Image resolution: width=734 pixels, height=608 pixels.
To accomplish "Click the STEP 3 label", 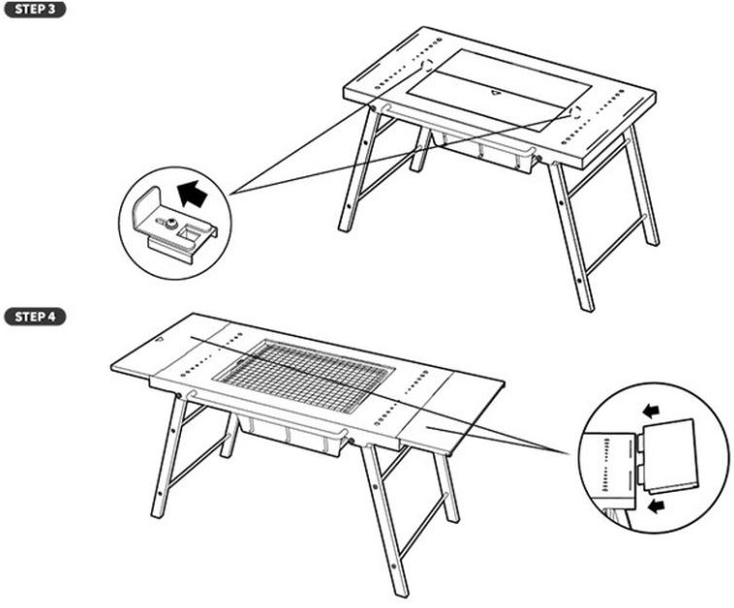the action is [x=35, y=10].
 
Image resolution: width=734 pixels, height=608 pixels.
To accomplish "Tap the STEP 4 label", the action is [x=35, y=317].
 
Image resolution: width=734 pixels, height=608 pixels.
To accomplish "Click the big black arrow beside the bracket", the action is [x=193, y=194].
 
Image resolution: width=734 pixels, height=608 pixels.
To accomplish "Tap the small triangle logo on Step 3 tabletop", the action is [x=496, y=92].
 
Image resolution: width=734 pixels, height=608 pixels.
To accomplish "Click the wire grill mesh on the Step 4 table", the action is [x=304, y=376].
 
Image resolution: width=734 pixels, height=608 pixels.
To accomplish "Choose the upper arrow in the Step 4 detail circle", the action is [x=651, y=411].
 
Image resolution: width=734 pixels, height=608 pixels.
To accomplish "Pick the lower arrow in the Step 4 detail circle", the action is [x=658, y=505].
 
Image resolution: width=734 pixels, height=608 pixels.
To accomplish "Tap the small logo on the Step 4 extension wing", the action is [x=161, y=340].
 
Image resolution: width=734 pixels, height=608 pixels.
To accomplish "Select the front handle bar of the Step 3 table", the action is [x=459, y=129].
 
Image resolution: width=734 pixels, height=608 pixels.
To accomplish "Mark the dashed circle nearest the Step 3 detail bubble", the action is [x=426, y=65].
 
